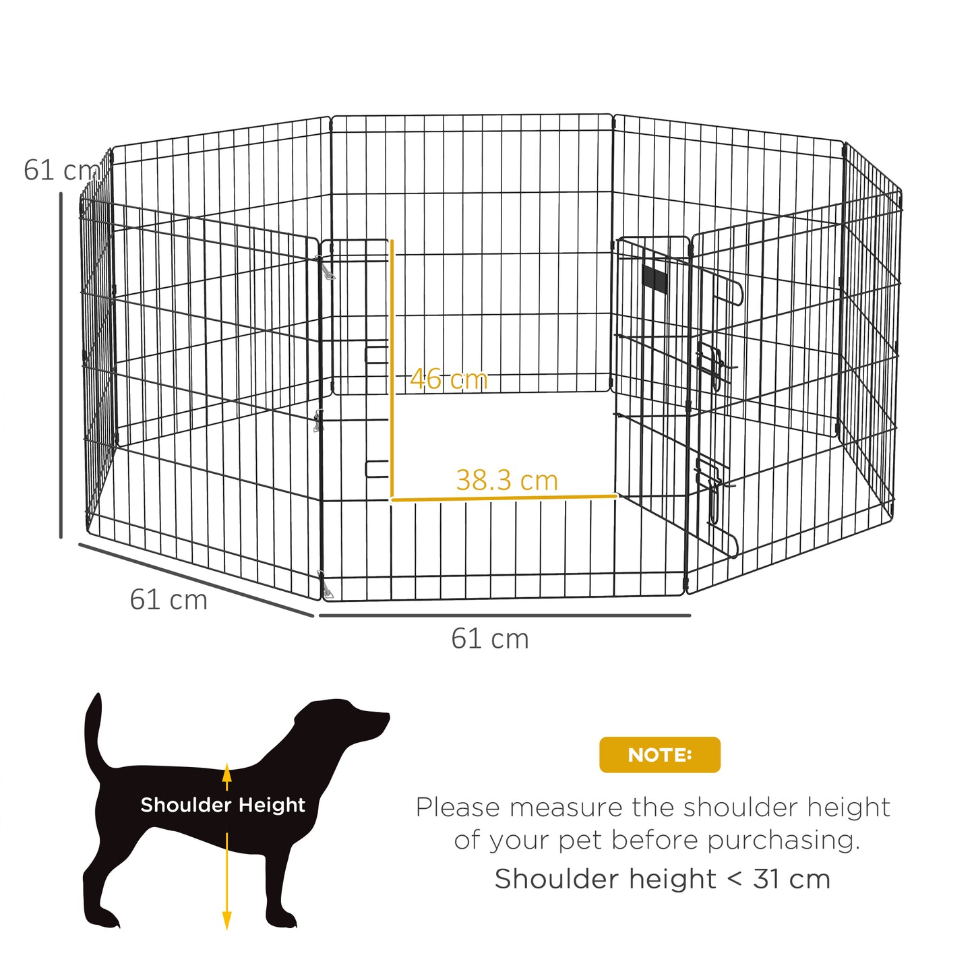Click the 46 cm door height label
[449, 379]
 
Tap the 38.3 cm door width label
[507, 481]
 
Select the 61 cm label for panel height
[59, 171]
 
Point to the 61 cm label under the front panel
[490, 639]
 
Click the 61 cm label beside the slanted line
[169, 600]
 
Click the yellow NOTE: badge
[659, 755]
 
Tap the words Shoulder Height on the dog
[222, 805]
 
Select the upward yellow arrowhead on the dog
[227, 771]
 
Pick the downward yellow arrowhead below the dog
[227, 919]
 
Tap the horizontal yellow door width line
[504, 498]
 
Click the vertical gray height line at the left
[61, 364]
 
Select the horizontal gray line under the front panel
[504, 615]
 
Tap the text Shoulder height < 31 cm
[662, 879]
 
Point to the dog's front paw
[283, 919]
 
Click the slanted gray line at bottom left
[195, 580]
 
